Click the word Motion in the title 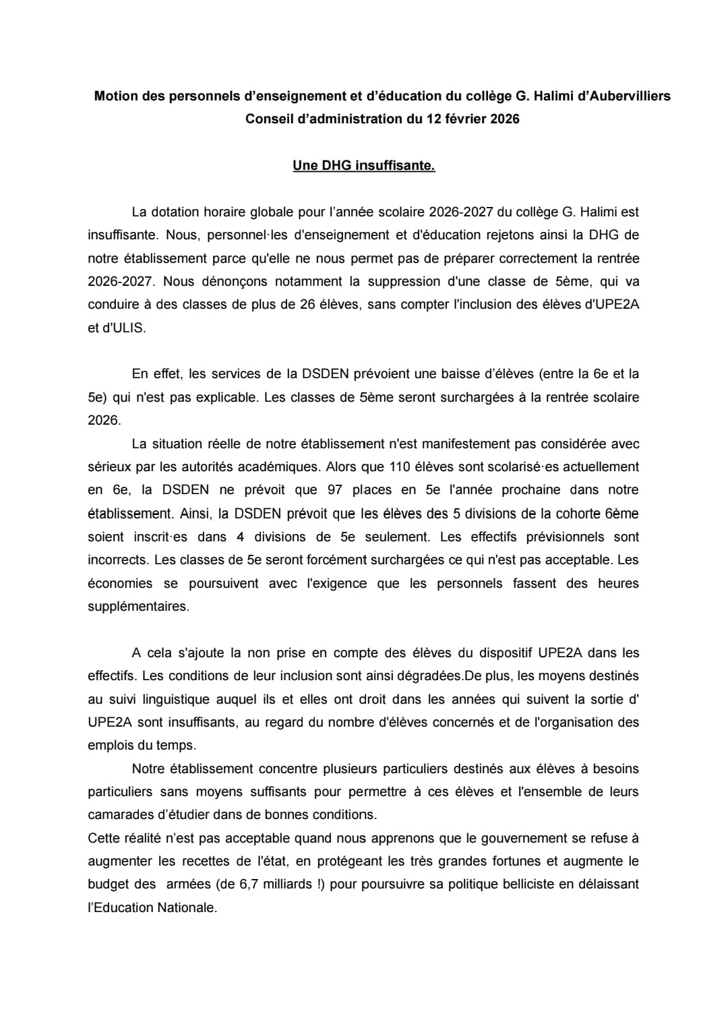tap(115, 96)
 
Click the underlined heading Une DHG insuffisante tap(363, 166)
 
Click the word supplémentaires tap(138, 606)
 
